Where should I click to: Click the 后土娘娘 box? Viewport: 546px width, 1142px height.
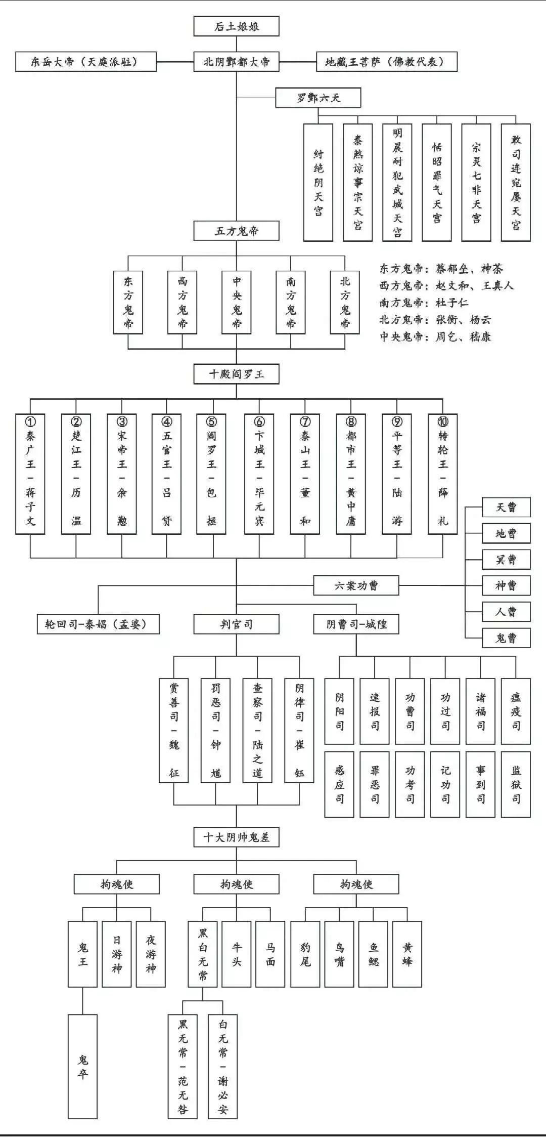[236, 27]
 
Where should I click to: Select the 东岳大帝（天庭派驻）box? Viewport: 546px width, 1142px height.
[85, 62]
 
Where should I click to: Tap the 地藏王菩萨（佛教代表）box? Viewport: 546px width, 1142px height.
[386, 62]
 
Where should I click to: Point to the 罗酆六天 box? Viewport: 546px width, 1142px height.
[318, 98]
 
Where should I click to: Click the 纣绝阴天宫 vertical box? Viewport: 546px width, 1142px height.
[318, 182]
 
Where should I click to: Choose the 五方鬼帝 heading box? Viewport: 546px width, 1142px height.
[236, 231]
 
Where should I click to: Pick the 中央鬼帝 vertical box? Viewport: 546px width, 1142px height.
[237, 302]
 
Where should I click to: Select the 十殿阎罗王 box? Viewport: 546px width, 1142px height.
[236, 374]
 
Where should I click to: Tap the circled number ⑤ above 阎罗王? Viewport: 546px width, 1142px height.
[212, 421]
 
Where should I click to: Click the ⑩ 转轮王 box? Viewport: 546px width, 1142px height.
[442, 474]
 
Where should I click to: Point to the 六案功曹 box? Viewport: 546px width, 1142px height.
[356, 585]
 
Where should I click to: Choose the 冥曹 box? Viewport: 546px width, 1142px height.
[506, 560]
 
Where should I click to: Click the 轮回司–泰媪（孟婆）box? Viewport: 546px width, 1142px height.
[98, 624]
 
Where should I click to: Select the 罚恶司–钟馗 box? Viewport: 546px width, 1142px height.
[216, 730]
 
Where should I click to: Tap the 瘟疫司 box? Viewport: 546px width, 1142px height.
[516, 711]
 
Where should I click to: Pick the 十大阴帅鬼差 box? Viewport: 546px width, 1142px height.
[236, 837]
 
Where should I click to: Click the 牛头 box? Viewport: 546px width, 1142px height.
[237, 954]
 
